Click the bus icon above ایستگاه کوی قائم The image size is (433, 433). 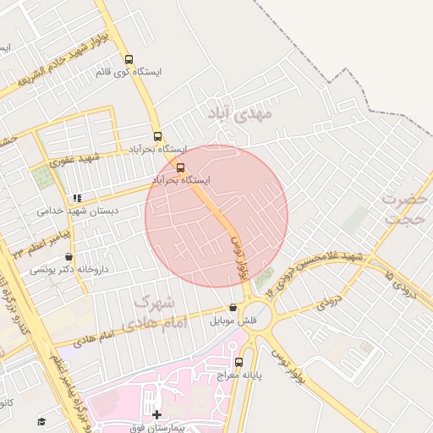pyautogui.click(x=129, y=59)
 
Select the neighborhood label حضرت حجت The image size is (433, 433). pyautogui.click(x=403, y=208)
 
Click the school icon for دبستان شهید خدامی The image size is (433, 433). pyautogui.click(x=77, y=198)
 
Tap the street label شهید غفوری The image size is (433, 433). pyautogui.click(x=74, y=158)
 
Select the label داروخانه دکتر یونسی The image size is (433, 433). pyautogui.click(x=69, y=270)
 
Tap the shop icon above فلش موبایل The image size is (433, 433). pyautogui.click(x=233, y=309)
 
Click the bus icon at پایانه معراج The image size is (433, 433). pyautogui.click(x=238, y=362)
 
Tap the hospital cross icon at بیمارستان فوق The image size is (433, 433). pyautogui.click(x=156, y=414)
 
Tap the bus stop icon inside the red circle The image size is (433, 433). pyautogui.click(x=180, y=167)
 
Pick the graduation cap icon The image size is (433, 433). pyautogui.click(x=41, y=421)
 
